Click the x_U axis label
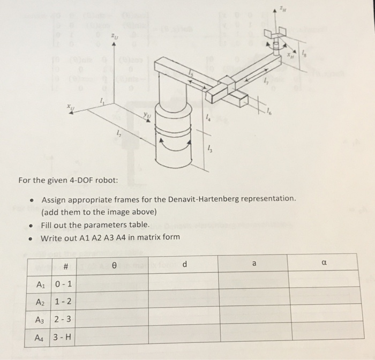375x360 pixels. pyautogui.click(x=70, y=108)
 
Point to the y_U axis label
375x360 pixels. pyautogui.click(x=146, y=115)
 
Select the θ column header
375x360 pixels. pyautogui.click(x=113, y=264)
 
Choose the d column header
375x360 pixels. pyautogui.click(x=184, y=264)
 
